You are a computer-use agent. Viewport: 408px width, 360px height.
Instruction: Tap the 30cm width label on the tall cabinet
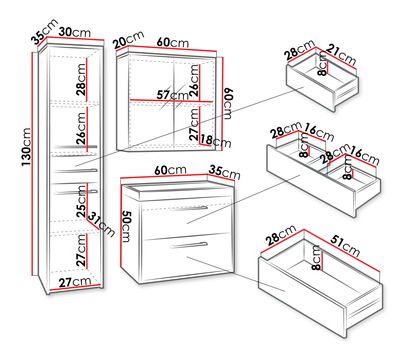[x=75, y=32]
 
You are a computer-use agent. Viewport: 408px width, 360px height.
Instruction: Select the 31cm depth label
[x=101, y=224]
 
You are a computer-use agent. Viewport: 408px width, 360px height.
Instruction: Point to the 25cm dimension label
[x=81, y=201]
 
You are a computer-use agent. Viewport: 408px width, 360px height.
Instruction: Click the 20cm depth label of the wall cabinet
[x=128, y=39]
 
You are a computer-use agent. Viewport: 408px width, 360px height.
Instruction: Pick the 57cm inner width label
[x=173, y=95]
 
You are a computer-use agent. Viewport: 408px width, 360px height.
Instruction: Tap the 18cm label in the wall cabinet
[x=216, y=141]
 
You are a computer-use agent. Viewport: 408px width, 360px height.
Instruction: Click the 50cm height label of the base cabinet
[x=126, y=226]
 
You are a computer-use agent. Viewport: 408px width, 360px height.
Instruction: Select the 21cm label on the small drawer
[x=341, y=54]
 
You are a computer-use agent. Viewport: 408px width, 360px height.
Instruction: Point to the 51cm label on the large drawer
[x=345, y=246]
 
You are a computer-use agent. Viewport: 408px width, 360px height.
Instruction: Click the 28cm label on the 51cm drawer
[x=281, y=235]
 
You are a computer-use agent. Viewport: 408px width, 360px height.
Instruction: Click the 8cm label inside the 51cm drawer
[x=316, y=257]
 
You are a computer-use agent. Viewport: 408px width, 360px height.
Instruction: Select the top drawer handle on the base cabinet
[x=189, y=209]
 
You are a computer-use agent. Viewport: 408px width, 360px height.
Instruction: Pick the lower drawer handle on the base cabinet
[x=189, y=245]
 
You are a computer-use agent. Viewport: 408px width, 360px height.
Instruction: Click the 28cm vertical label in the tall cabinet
[x=81, y=80]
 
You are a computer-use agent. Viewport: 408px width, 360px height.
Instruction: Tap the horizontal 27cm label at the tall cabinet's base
[x=75, y=282]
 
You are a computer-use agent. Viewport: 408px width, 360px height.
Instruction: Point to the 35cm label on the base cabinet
[x=225, y=172]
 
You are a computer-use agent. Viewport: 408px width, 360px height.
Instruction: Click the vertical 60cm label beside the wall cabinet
[x=227, y=104]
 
